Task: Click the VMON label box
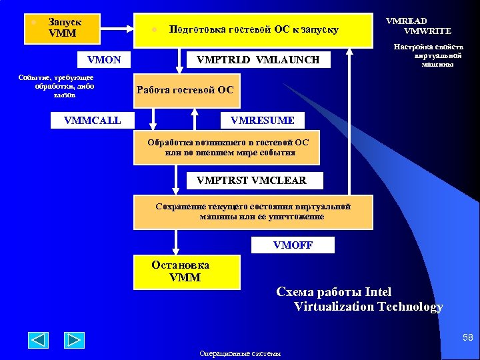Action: (100, 60)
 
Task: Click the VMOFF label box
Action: (293, 245)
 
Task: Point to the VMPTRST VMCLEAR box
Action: (252, 180)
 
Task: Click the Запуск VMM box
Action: (62, 28)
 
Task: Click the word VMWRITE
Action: (427, 31)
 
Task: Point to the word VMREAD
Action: (406, 21)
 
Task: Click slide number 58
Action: (467, 339)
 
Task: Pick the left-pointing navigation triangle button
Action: (38, 340)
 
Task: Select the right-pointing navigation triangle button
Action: (74, 340)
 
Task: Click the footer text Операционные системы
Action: (240, 353)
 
